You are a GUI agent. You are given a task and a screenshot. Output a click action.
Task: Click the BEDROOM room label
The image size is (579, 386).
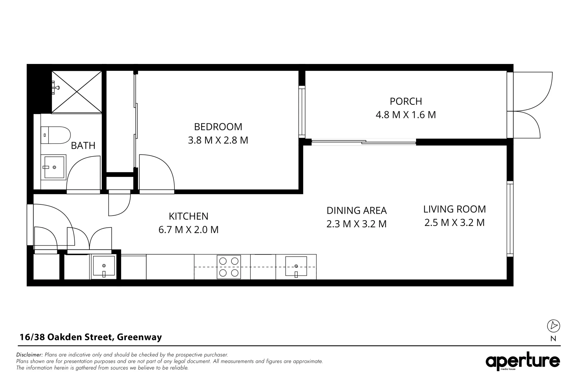(x=218, y=127)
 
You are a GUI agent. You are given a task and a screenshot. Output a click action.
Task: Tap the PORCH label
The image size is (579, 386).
(x=406, y=102)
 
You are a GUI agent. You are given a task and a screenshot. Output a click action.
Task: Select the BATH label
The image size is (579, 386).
(x=83, y=145)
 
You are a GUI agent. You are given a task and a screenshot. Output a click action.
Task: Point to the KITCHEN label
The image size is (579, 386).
(x=188, y=216)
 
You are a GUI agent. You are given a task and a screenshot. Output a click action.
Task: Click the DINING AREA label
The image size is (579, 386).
(x=357, y=211)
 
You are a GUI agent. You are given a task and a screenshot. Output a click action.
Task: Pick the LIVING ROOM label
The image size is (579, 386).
(x=454, y=209)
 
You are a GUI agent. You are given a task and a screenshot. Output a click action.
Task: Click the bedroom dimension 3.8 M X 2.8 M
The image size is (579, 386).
(x=218, y=140)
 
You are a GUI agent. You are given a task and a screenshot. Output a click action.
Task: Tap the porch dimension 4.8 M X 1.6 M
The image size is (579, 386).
(x=406, y=115)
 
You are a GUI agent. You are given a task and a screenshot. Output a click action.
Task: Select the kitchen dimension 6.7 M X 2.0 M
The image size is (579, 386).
(x=188, y=229)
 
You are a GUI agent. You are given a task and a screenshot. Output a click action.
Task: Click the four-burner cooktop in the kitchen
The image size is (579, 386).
(x=229, y=267)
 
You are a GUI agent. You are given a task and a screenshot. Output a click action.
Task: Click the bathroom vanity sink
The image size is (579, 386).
(x=54, y=167)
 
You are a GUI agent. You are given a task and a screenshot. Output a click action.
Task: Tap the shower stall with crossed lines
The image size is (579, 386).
(x=77, y=92)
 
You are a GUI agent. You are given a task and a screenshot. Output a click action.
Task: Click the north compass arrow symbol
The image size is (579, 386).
(x=554, y=326)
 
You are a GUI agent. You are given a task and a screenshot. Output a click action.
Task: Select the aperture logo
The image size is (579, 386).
(x=523, y=362)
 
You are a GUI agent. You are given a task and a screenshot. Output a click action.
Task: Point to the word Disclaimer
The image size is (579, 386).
(x=30, y=355)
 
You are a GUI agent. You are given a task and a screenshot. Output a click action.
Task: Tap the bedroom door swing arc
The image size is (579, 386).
(x=157, y=173)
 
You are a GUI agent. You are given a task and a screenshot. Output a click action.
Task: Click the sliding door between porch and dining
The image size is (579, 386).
(x=364, y=142)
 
